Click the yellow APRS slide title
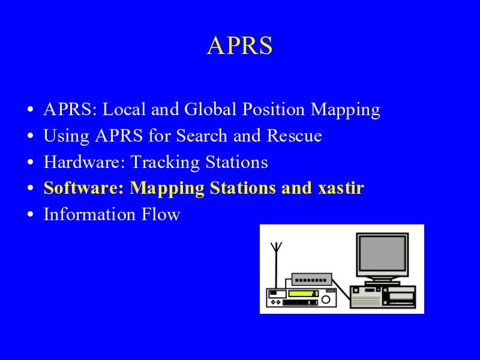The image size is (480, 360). [x=239, y=46]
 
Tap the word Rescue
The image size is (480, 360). [x=294, y=136]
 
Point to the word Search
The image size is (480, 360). [x=202, y=136]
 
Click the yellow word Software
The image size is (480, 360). [x=83, y=188]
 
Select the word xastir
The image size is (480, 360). [x=341, y=188]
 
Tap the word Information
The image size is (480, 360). [x=89, y=214]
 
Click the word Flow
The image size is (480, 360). [x=161, y=214]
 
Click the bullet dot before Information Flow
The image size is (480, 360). [x=30, y=214]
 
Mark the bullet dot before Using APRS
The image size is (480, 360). [x=30, y=136]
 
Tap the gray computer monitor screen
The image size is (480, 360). [x=382, y=252]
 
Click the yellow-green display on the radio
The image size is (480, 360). [x=302, y=293]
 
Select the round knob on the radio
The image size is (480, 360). [x=326, y=299]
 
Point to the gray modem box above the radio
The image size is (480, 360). [x=311, y=280]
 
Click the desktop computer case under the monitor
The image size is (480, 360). [x=383, y=296]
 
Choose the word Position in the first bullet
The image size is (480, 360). [x=274, y=109]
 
